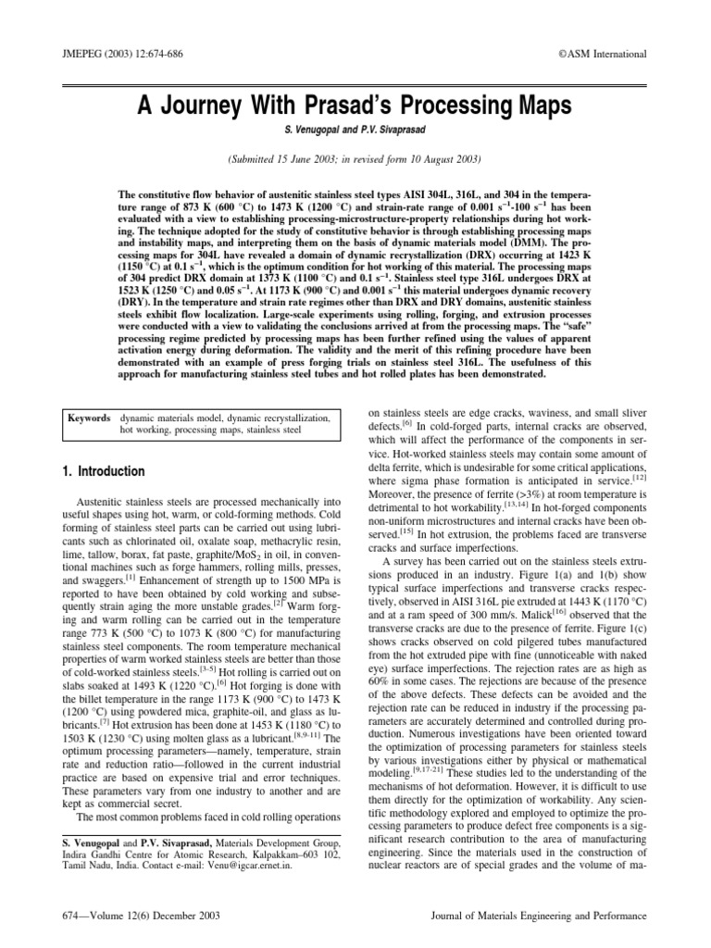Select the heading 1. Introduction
point(103,471)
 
